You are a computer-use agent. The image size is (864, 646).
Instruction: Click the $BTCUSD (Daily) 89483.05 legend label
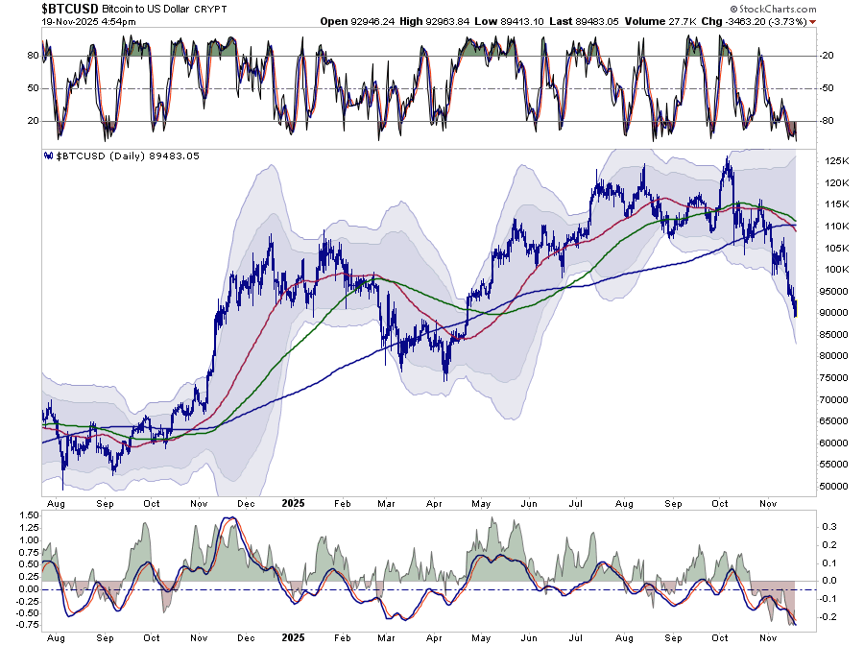coord(120,156)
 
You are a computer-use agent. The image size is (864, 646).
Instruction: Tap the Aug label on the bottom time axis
coord(54,501)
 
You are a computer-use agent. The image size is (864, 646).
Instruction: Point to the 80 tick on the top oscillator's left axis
coord(32,56)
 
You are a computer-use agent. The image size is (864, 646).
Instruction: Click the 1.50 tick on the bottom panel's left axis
coord(27,515)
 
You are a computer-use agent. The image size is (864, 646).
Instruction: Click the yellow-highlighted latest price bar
coord(796,309)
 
